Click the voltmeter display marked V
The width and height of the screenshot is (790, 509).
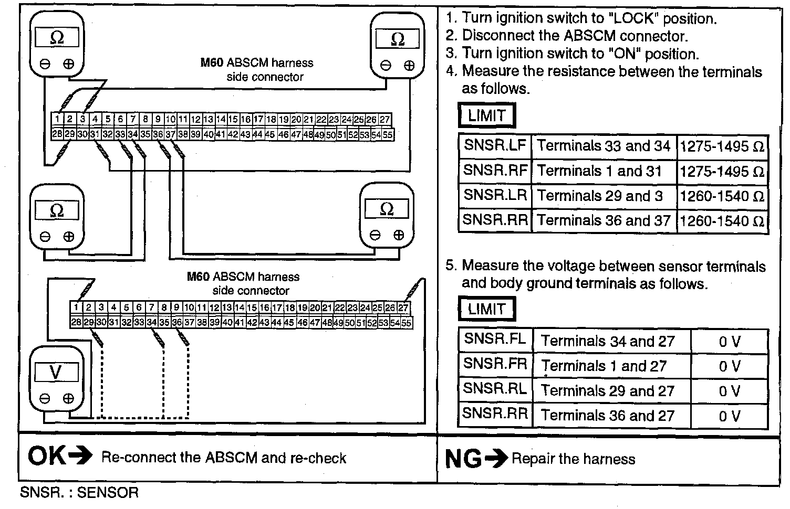pyautogui.click(x=56, y=373)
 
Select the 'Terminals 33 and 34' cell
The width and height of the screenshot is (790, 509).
pyautogui.click(x=604, y=146)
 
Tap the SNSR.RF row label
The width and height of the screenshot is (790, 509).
pyautogui.click(x=495, y=171)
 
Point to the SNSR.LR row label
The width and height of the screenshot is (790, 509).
pyautogui.click(x=495, y=195)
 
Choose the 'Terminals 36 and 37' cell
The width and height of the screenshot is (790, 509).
pyautogui.click(x=604, y=220)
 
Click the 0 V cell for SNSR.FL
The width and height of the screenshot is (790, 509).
pyautogui.click(x=729, y=342)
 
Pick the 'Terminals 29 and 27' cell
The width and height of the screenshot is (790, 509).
pyautogui.click(x=608, y=391)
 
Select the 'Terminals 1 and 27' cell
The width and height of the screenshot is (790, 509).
pyautogui.click(x=604, y=366)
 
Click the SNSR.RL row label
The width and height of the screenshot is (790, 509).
pyautogui.click(x=495, y=389)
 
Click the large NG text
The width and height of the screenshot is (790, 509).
pyautogui.click(x=463, y=459)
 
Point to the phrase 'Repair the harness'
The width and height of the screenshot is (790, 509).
pyautogui.click(x=574, y=459)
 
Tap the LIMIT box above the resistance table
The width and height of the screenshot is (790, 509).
pyautogui.click(x=486, y=115)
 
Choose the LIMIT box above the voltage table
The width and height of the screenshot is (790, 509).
pyautogui.click(x=486, y=309)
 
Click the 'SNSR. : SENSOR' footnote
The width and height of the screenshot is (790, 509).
pyautogui.click(x=79, y=493)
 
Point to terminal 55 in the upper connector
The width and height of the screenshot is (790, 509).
pyautogui.click(x=388, y=134)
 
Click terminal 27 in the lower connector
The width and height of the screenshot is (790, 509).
pyautogui.click(x=403, y=307)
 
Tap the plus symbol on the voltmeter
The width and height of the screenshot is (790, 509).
pyautogui.click(x=68, y=398)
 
